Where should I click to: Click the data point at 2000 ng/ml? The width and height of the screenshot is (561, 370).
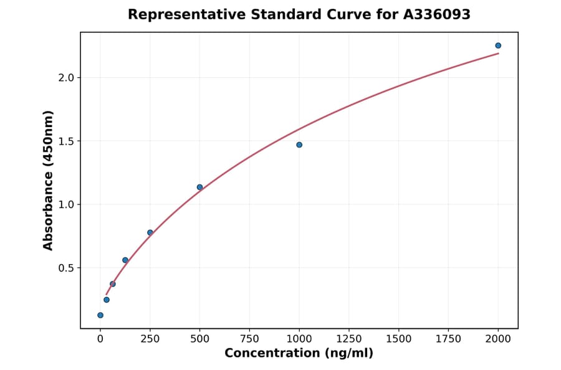click(498, 45)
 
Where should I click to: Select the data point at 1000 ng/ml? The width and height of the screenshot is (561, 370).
click(299, 145)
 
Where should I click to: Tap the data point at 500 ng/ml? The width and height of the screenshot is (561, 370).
click(199, 187)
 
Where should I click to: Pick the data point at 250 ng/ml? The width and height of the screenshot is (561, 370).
click(150, 232)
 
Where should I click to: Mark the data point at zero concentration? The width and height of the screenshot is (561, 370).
click(100, 315)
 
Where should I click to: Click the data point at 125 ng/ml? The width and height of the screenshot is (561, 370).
click(125, 260)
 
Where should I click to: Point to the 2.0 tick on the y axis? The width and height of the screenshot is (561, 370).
click(65, 78)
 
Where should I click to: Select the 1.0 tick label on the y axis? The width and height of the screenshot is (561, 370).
click(65, 205)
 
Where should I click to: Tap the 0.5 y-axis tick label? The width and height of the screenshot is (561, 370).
click(65, 268)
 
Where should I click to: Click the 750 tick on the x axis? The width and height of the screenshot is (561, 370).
click(249, 339)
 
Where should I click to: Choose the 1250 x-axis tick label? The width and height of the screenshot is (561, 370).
click(349, 339)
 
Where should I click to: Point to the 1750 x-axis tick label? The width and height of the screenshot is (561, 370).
click(448, 339)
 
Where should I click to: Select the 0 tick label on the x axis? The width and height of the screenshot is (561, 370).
click(100, 339)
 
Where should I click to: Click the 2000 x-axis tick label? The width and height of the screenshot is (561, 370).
click(498, 339)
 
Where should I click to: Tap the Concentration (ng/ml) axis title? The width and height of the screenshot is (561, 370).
click(299, 354)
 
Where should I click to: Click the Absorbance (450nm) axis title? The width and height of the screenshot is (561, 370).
click(49, 180)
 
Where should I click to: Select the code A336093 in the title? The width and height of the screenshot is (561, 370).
click(437, 14)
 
